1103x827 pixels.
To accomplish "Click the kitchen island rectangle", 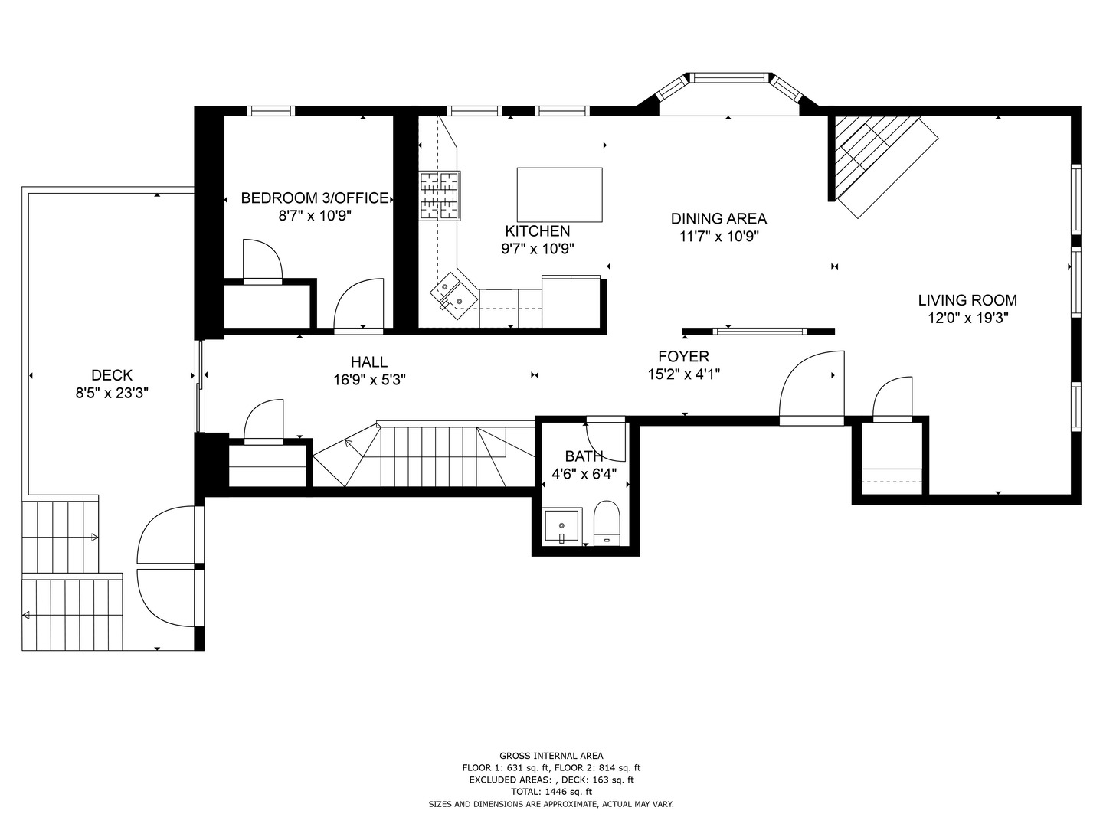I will tap(559, 194).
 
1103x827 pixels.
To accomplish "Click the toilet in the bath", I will tap(606, 523).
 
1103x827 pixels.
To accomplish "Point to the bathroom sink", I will tap(562, 526).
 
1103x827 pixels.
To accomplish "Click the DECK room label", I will tap(112, 375).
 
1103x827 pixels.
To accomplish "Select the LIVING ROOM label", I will tap(967, 300).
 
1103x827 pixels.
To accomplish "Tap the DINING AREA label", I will tap(718, 219).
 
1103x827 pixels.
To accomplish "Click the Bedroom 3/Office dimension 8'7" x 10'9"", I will tap(315, 216).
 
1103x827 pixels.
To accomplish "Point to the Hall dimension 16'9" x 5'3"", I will tap(369, 379).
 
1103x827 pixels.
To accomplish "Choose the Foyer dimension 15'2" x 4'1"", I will tap(683, 374).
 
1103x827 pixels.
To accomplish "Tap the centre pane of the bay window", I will tap(729, 77).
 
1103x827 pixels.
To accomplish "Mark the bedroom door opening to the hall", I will tap(358, 306).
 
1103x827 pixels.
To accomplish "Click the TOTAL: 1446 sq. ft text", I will tap(551, 792).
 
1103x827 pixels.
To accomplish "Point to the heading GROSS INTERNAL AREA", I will tap(551, 756).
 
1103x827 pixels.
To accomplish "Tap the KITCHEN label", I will tap(537, 231).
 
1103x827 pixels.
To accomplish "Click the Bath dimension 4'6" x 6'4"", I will tap(584, 474).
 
